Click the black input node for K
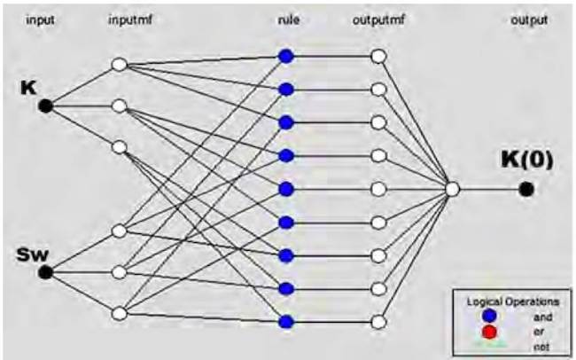[46, 106]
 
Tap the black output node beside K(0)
[526, 188]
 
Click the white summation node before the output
[453, 189]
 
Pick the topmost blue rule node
[285, 56]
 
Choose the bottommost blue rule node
[285, 321]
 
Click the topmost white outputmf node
[378, 56]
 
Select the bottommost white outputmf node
[378, 321]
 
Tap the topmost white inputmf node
[121, 65]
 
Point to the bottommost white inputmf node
[121, 312]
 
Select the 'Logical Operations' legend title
[512, 301]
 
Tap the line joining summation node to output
[489, 189]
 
